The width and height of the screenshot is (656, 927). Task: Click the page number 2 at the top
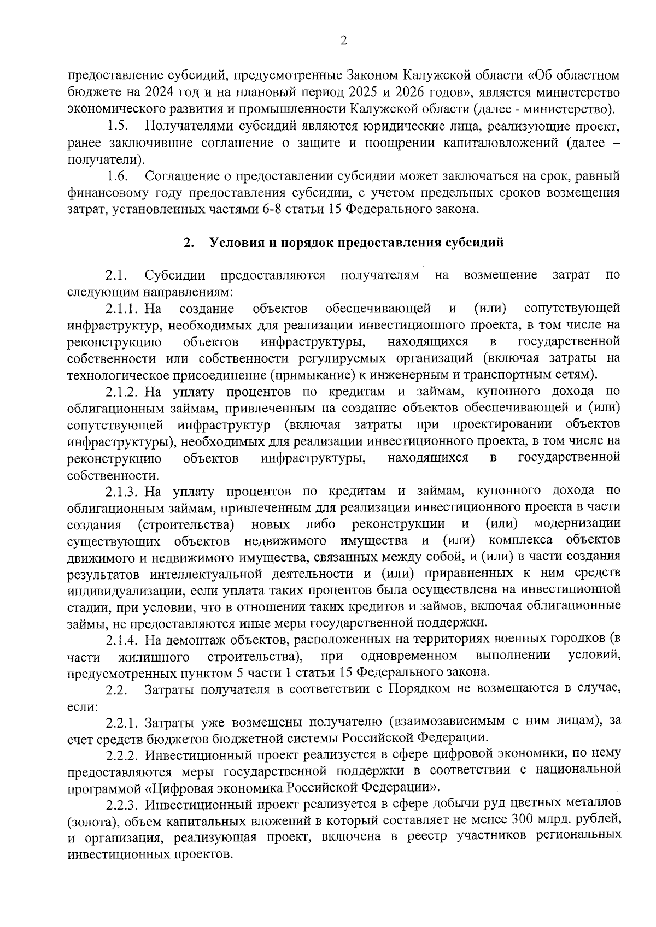pyautogui.click(x=344, y=40)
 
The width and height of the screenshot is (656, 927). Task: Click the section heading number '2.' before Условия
pyautogui.click(x=189, y=243)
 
